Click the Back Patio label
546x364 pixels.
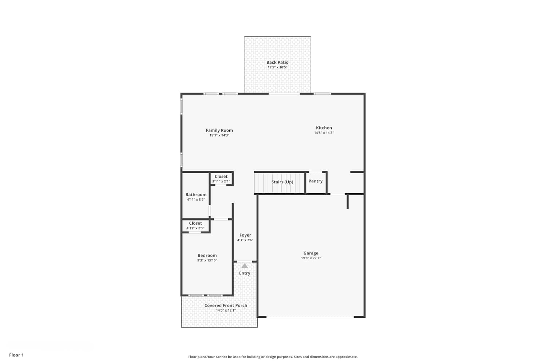tap(277, 62)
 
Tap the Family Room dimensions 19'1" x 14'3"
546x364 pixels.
tap(219, 135)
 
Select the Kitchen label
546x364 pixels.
tap(324, 128)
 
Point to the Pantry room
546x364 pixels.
tap(316, 183)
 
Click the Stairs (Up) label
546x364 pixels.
tap(282, 182)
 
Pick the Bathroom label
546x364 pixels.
tap(196, 194)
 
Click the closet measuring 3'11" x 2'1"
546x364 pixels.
tap(221, 179)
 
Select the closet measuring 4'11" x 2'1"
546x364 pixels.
tap(195, 226)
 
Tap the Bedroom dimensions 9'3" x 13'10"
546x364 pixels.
tap(207, 260)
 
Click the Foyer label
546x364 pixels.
tap(245, 235)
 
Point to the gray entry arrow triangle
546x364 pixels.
tap(245, 265)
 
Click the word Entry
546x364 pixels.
tap(245, 273)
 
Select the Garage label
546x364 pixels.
tap(311, 253)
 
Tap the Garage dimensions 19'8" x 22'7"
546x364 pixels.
tap(311, 258)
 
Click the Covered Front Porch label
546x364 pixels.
tap(226, 305)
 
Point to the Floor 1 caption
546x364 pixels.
tap(17, 355)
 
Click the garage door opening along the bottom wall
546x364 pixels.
tap(310, 317)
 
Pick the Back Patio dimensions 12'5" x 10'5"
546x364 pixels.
tap(277, 67)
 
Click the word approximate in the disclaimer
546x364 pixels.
tap(347, 357)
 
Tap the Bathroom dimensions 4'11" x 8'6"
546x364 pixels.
tap(196, 199)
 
